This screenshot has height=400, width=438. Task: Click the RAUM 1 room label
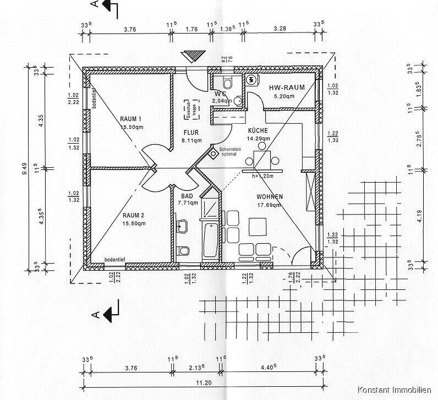point(131,119)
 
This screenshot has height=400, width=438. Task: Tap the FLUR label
point(191,133)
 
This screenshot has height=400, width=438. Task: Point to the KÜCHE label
point(258,130)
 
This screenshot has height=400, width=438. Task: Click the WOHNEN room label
point(269,197)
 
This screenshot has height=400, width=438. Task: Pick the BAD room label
point(187,196)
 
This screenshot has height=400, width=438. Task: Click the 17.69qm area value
point(269,205)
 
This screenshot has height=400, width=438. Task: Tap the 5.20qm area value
point(284,96)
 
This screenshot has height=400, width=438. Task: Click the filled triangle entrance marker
point(193,57)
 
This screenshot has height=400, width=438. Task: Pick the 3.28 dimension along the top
point(280,29)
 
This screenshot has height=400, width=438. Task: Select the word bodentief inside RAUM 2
point(117,260)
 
